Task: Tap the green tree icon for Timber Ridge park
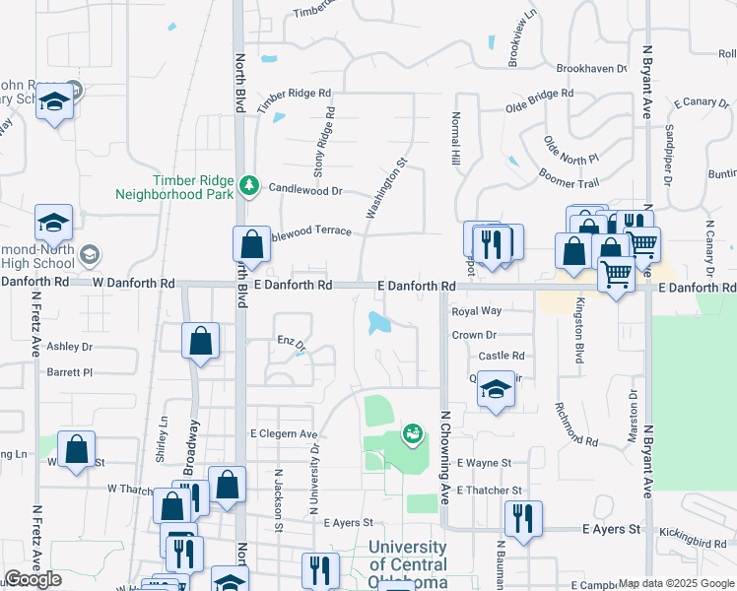250,184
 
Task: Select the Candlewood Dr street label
304,189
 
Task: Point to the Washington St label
385,187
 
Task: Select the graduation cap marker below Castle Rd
496,389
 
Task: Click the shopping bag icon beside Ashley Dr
200,341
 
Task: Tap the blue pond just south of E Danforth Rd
377,322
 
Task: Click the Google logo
33,579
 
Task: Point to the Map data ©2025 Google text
676,583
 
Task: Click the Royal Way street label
476,311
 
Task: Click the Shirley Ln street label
162,440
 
